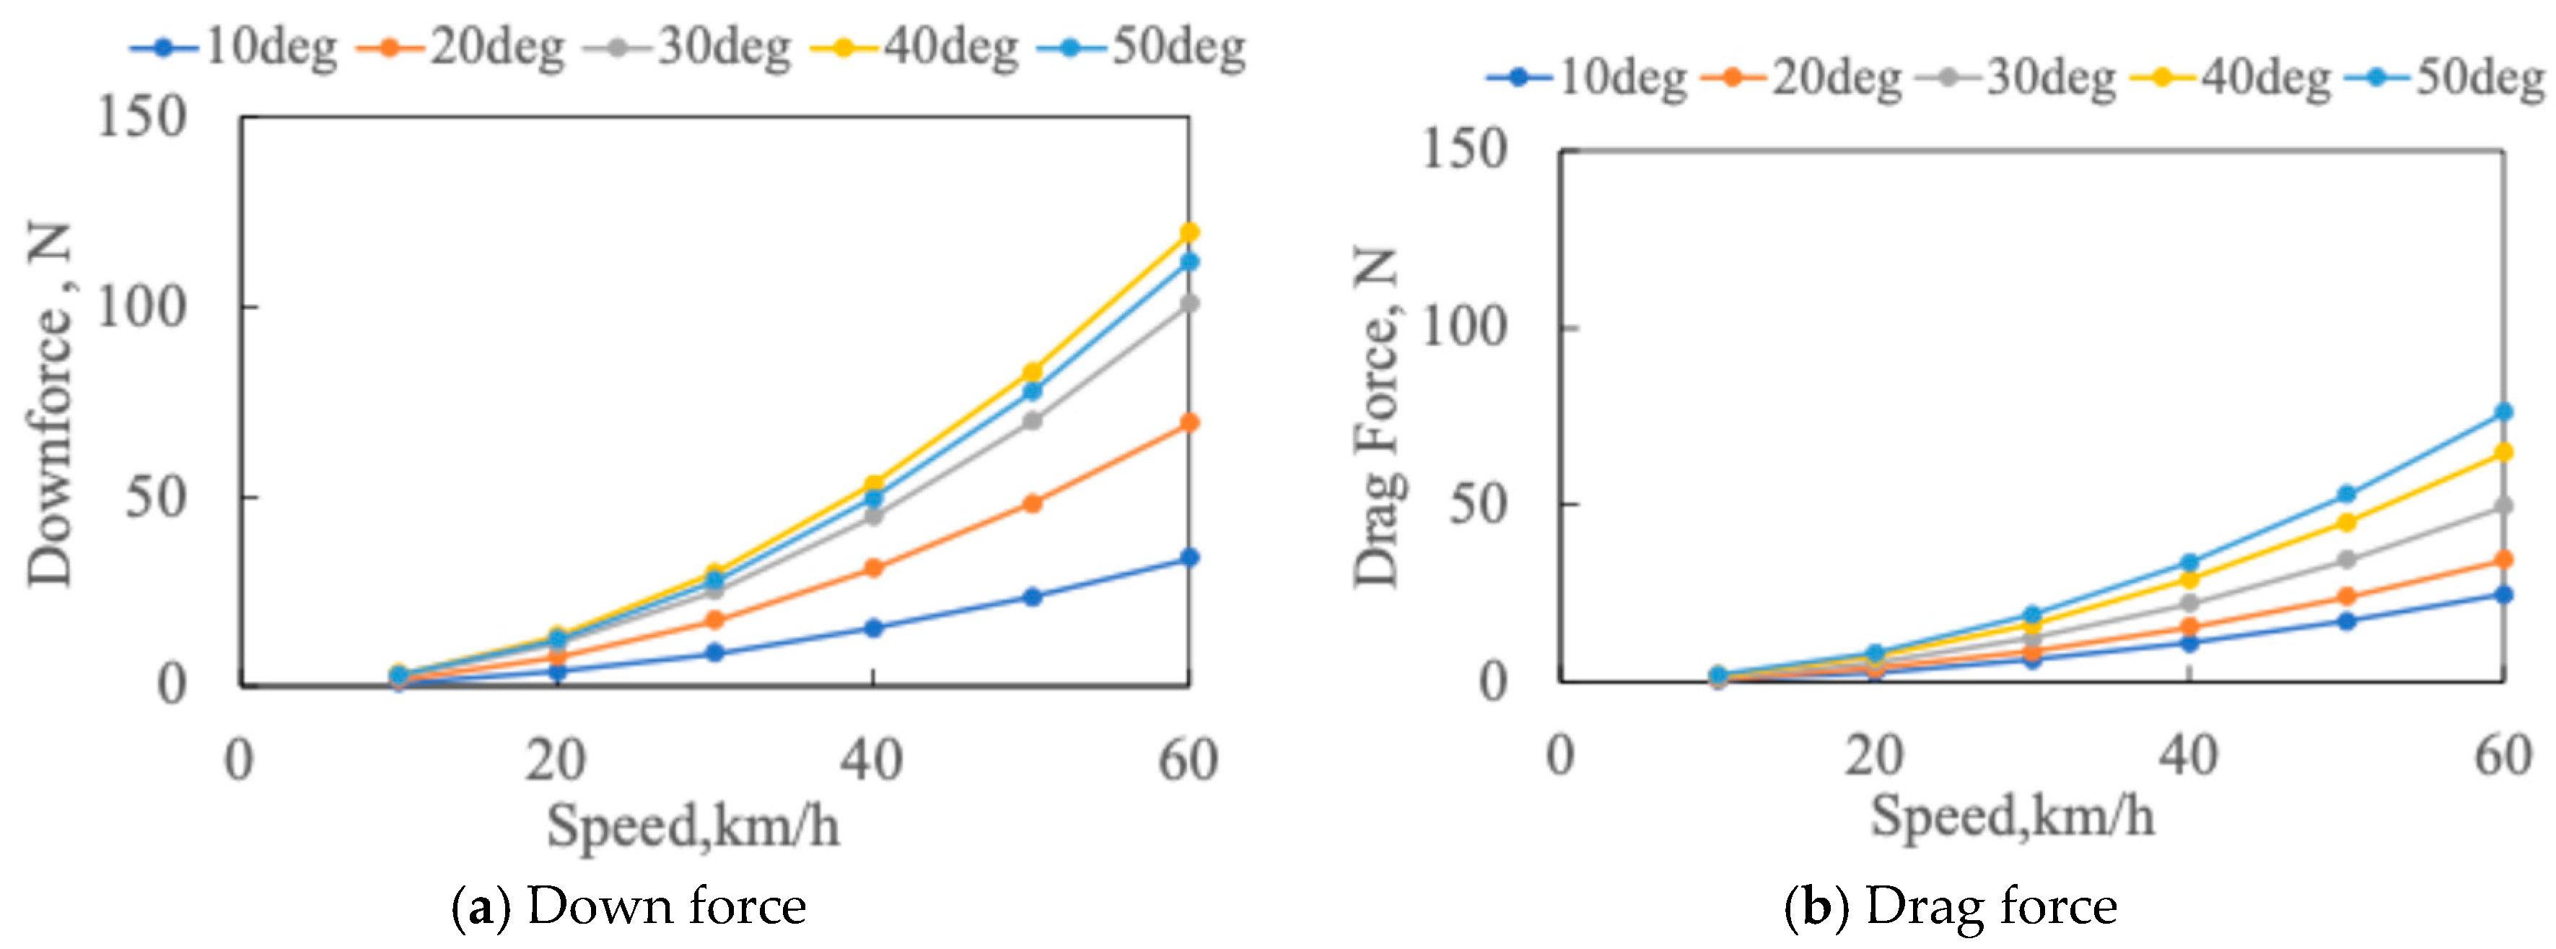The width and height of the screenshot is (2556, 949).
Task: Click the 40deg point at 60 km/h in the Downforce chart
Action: tap(1189, 233)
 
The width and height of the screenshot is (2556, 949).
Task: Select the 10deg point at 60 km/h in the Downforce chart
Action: tap(1189, 557)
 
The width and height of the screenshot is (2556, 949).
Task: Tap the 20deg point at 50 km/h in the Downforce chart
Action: tap(1032, 503)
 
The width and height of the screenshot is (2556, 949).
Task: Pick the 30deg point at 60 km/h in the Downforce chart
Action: tap(1189, 303)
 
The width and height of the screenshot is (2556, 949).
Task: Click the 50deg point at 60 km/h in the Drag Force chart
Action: tap(2503, 411)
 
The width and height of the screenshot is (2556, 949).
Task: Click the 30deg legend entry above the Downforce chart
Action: tap(690, 47)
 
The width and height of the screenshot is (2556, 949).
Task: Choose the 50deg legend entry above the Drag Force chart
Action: tap(2445, 77)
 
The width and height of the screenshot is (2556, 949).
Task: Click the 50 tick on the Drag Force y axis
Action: tap(1476, 504)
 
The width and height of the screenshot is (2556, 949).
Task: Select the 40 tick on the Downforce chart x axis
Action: tap(871, 760)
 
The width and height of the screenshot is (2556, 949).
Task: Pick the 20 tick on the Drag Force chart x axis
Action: tap(1873, 756)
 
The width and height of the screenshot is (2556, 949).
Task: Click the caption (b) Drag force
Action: tap(1951, 906)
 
